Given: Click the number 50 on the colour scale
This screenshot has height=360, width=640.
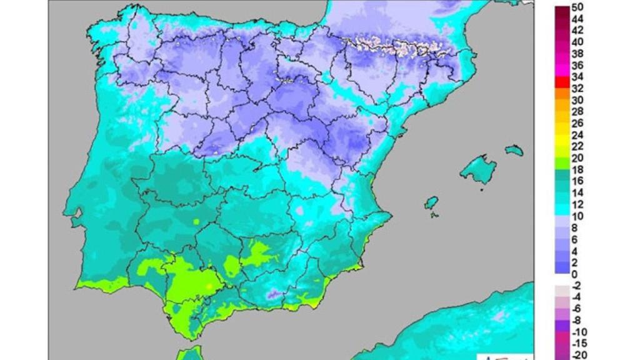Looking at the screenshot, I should pos(577,7).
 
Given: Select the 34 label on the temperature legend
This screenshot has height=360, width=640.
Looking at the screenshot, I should pos(577,76).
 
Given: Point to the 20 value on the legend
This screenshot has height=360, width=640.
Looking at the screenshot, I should pos(577,157).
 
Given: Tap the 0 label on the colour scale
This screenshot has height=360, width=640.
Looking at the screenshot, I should pos(574,274).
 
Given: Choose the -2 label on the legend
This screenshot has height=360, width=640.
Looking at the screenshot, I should pos(576,286).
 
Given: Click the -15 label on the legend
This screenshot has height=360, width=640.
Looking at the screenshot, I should pos(579,343).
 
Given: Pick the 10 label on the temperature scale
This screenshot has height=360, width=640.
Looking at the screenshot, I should pos(577,216).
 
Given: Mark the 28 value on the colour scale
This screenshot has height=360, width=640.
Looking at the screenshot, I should pos(577,111).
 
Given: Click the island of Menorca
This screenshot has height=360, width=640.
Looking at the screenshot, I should pos(514,150).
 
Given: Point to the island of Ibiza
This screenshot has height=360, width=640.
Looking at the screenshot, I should pos(431,203).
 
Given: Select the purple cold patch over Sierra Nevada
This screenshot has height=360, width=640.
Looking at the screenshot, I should pos(273,294).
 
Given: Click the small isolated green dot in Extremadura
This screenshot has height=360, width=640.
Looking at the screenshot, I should pos(196,221).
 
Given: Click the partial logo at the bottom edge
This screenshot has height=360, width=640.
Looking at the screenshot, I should pos(503,356).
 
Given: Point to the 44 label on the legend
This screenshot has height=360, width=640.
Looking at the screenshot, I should pos(577,19).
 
